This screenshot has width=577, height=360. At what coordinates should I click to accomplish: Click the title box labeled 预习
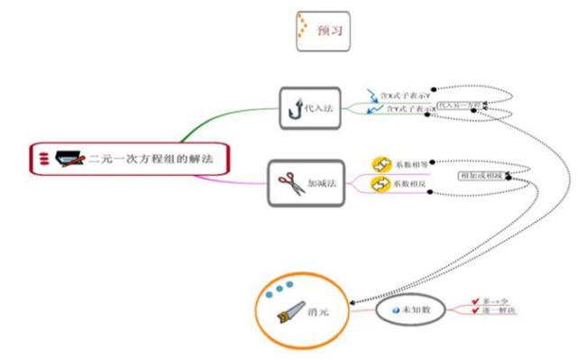[321, 31]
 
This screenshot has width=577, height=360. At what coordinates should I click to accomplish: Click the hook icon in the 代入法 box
[296, 109]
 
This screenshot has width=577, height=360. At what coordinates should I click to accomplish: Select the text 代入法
[319, 109]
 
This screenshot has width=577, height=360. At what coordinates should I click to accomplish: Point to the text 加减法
[322, 184]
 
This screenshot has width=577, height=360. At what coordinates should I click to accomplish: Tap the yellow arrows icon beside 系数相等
[380, 164]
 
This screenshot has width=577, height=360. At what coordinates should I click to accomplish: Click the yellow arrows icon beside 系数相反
[380, 184]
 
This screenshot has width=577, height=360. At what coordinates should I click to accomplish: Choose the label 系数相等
[410, 164]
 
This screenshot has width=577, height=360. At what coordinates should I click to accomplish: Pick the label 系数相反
[410, 184]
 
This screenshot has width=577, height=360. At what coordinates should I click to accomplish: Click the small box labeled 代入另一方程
[459, 106]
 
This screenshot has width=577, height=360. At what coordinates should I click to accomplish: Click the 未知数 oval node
[411, 309]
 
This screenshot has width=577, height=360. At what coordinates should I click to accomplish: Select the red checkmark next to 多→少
[474, 301]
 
